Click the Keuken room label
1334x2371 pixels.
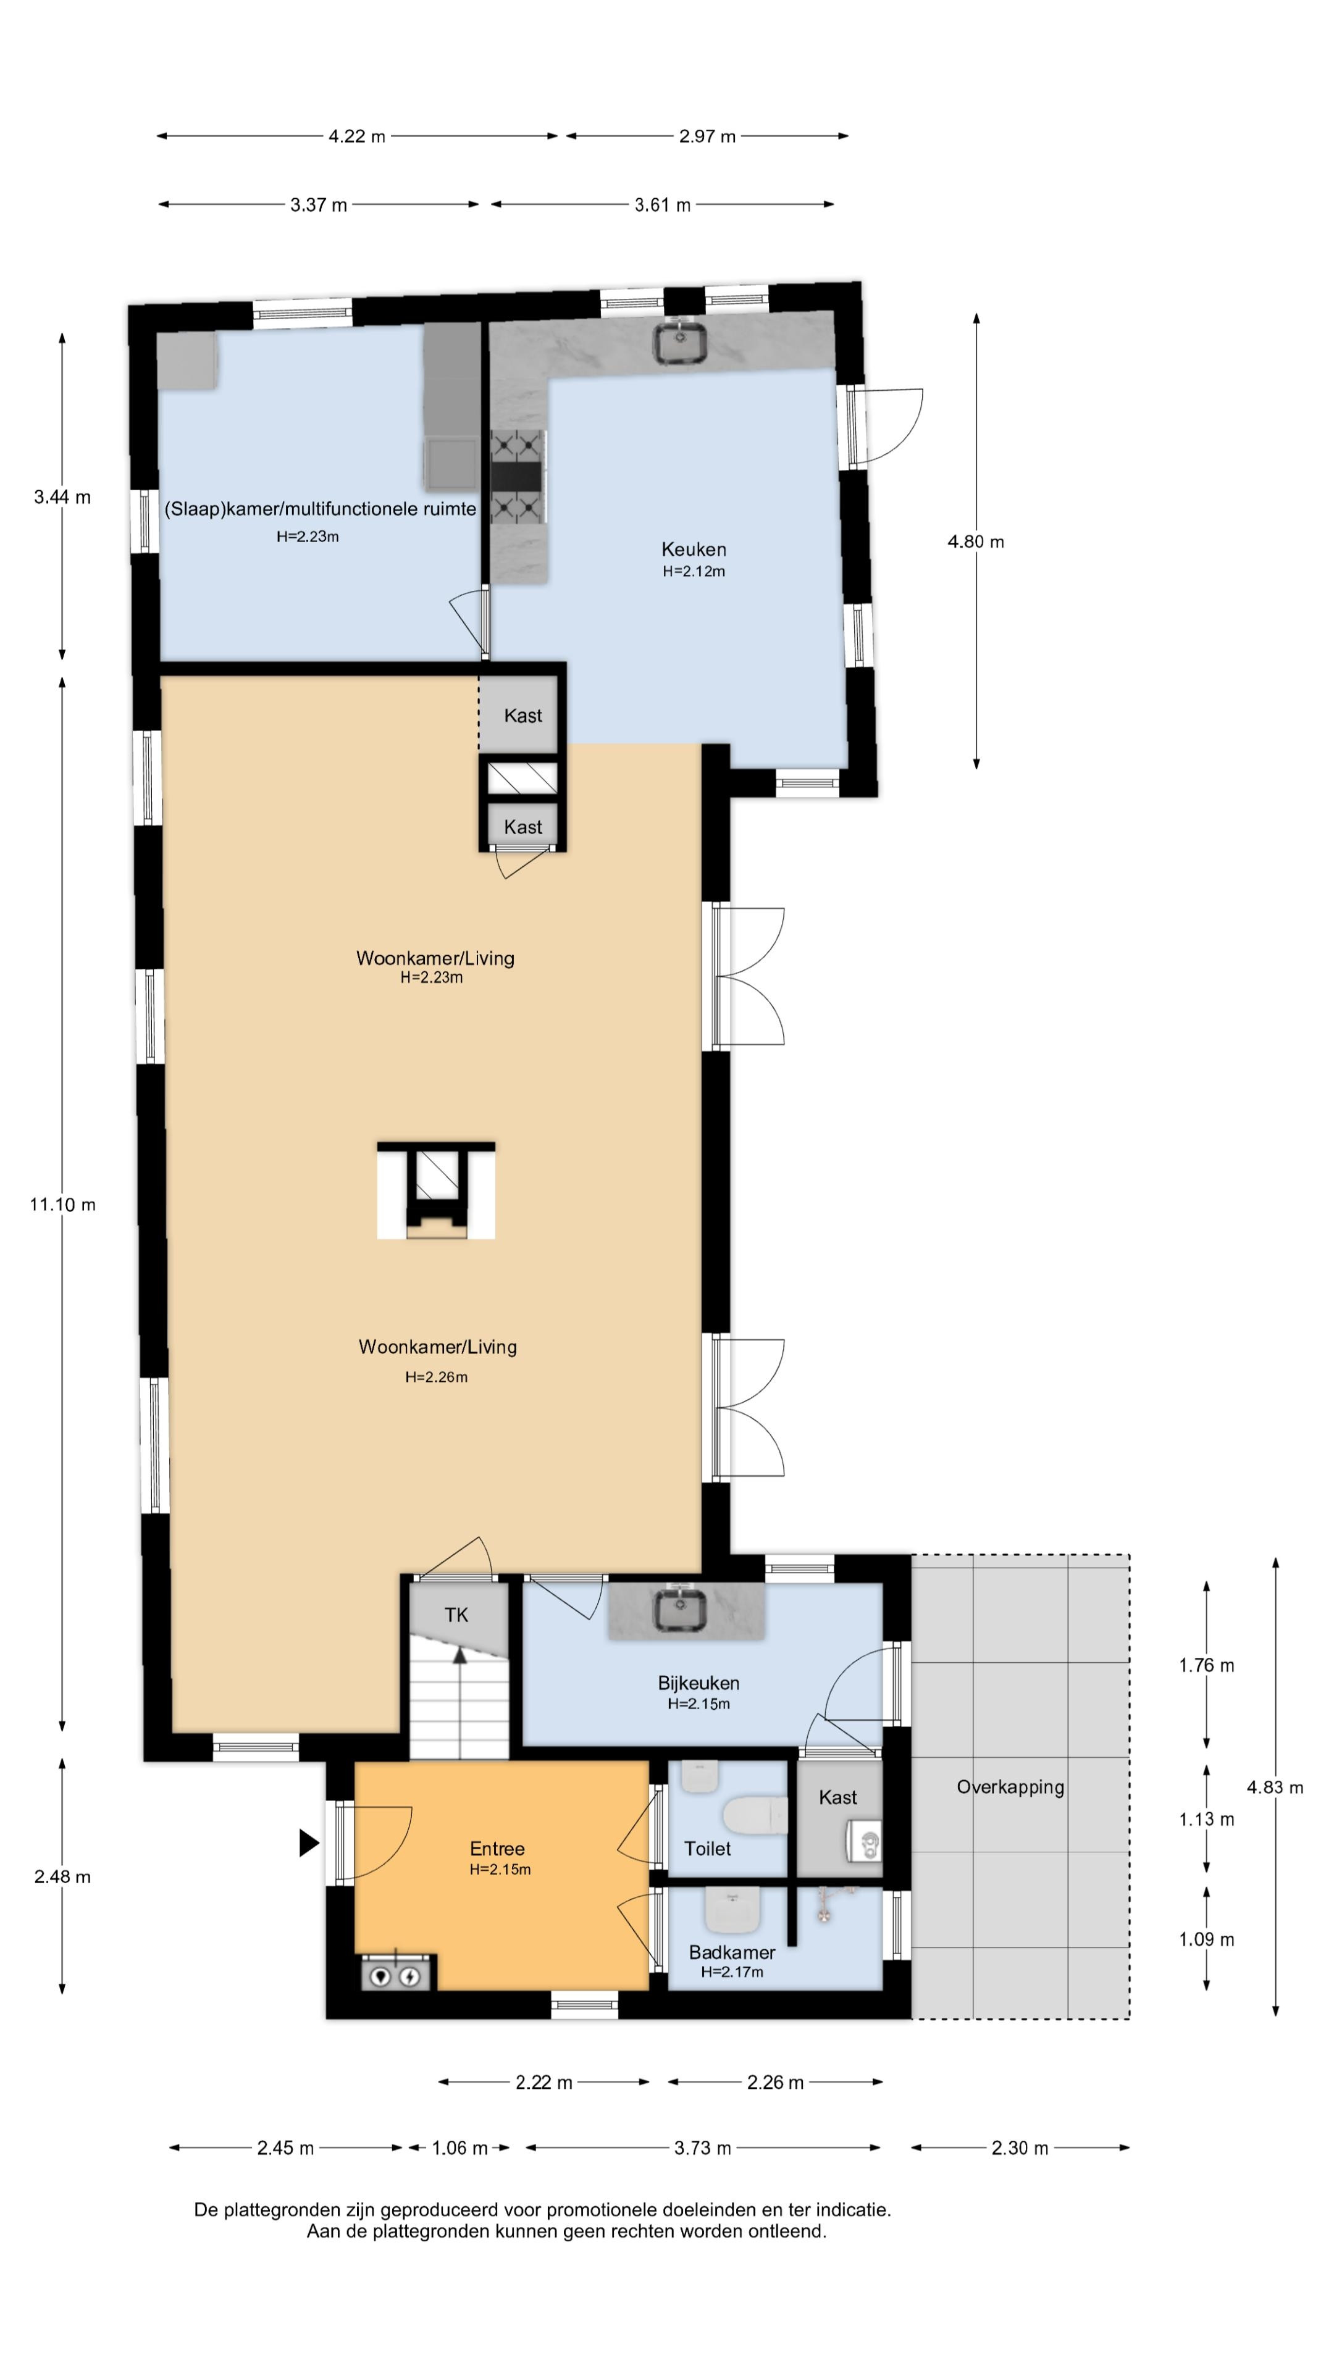[693, 550]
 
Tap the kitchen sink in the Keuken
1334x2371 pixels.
[681, 341]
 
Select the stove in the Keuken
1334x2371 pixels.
[518, 477]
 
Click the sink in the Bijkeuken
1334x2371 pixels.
[681, 1610]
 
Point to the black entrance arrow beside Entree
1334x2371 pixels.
[309, 1842]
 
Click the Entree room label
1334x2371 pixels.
[497, 1848]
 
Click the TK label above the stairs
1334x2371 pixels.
[456, 1615]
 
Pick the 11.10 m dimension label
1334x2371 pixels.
[62, 1204]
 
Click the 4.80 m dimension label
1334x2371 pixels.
[976, 542]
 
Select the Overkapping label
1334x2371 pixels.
[1010, 1786]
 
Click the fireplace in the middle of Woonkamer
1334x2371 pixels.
[435, 1189]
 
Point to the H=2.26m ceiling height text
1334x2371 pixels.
[437, 1377]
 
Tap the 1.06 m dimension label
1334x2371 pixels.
[459, 2147]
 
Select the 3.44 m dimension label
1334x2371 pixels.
[62, 497]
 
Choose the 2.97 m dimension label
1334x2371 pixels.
[707, 136]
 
